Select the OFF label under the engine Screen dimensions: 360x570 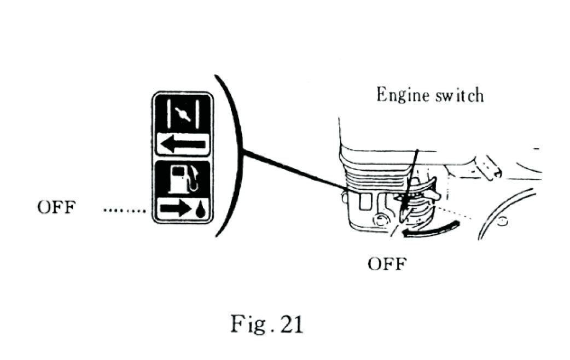point(387,264)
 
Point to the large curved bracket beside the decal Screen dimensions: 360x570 point(230,156)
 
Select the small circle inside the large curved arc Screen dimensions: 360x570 point(503,222)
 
